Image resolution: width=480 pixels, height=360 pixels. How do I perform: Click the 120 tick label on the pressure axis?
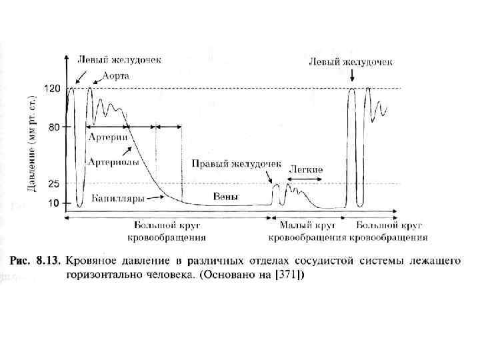click(x=53, y=88)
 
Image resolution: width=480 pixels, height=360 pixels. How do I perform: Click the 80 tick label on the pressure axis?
click(x=55, y=126)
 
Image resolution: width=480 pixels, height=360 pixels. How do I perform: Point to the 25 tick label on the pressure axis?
click(x=55, y=184)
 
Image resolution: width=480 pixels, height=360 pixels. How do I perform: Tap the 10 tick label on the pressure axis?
click(x=55, y=202)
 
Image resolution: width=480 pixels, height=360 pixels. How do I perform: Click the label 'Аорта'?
click(x=115, y=76)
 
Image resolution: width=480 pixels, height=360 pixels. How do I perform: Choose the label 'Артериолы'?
click(x=114, y=161)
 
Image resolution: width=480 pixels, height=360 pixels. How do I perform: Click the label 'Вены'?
click(x=225, y=196)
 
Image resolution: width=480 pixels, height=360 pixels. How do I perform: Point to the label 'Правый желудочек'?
click(x=237, y=163)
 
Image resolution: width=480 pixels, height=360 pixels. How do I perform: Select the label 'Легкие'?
click(x=306, y=169)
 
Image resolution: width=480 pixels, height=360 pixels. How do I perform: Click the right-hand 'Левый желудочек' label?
click(x=351, y=61)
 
